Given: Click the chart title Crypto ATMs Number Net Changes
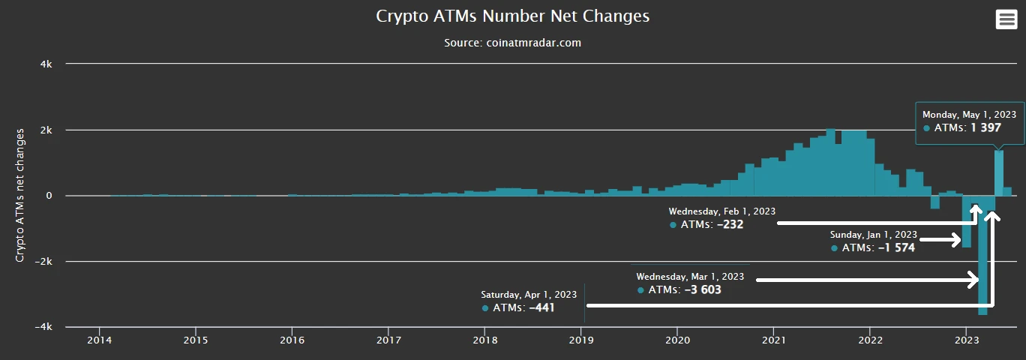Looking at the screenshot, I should [513, 16].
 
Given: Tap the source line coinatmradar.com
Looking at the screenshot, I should [513, 43].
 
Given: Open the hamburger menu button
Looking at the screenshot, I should [1006, 20].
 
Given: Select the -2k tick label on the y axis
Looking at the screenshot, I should [43, 262].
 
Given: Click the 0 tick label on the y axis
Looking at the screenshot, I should [49, 196].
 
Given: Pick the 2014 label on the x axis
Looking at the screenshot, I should [99, 340].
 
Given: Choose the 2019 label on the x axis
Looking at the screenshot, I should [580, 340].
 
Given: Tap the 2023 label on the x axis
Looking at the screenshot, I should [966, 340].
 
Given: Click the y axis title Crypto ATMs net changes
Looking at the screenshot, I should [21, 195].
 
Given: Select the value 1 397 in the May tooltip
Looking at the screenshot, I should [985, 128].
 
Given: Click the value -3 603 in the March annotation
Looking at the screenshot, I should [703, 289].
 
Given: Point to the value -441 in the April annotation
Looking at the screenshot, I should [541, 307].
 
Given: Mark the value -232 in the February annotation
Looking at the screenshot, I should [730, 224].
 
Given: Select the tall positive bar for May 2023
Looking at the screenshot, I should [999, 173].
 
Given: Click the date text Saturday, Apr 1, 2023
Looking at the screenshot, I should [529, 294].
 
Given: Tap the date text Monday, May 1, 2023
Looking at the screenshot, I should [969, 115].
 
